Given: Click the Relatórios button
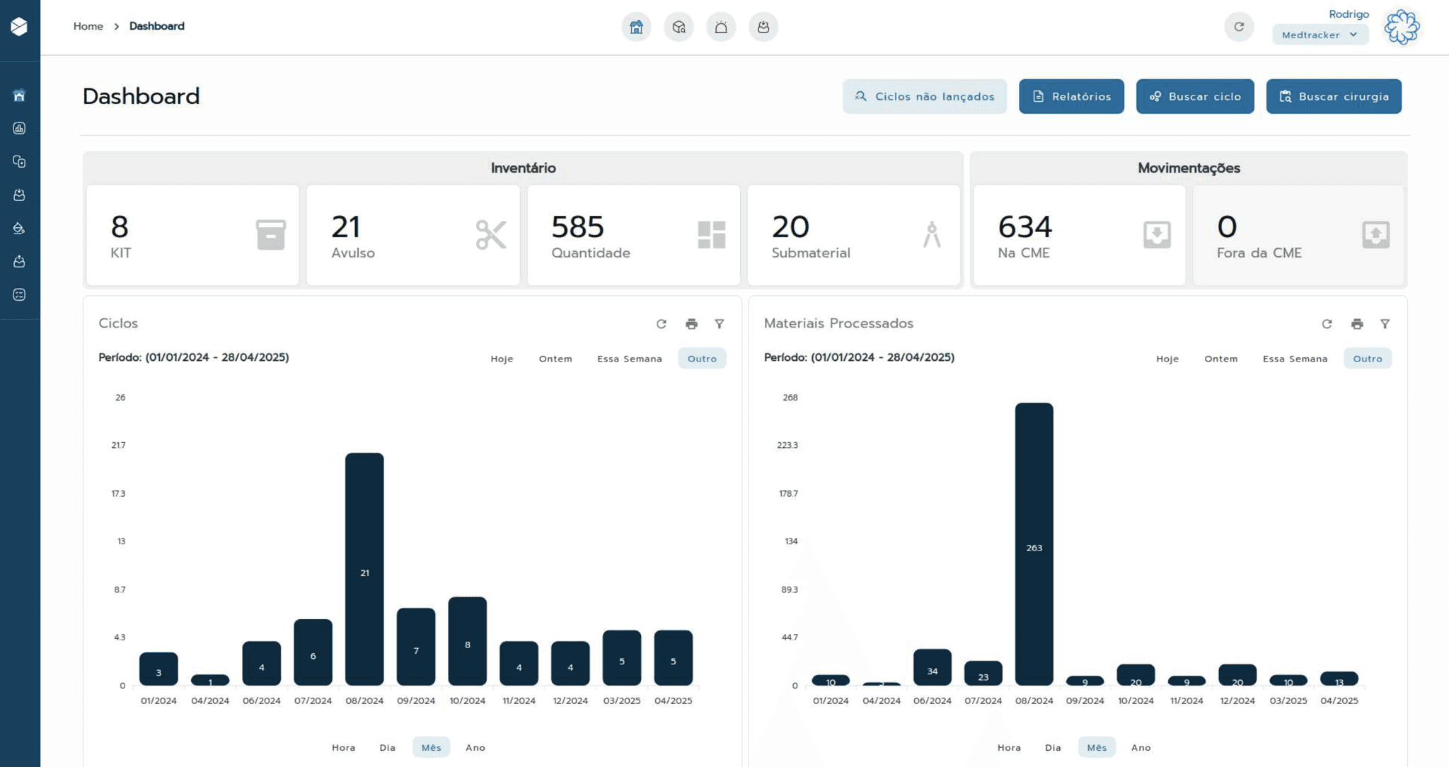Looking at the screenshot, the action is click(1071, 96).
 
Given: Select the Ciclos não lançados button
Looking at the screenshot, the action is click(924, 96).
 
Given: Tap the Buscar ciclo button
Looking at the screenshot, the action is click(1195, 96).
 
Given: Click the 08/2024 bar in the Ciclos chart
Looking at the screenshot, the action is click(364, 569).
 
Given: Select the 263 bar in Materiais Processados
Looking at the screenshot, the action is click(1034, 544).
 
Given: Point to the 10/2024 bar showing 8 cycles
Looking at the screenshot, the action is click(468, 641).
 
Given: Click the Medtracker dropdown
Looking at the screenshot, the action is click(1320, 35).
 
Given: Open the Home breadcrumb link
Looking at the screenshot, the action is click(88, 26).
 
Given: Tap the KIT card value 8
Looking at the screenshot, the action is click(120, 227).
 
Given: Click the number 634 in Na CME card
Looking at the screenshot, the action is click(1025, 227).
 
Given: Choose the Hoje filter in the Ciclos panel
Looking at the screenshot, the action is click(502, 359).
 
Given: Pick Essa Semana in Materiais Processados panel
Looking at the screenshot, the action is click(1295, 359).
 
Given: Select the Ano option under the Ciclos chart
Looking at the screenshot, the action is click(475, 747).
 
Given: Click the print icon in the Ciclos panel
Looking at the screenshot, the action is click(691, 324).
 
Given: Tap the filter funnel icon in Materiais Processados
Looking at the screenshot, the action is click(1385, 324).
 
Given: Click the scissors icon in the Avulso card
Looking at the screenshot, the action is click(491, 235).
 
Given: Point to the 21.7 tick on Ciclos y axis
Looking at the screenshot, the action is click(119, 445).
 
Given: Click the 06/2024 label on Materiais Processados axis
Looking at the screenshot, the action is click(932, 700).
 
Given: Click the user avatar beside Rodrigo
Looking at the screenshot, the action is click(1402, 27).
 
